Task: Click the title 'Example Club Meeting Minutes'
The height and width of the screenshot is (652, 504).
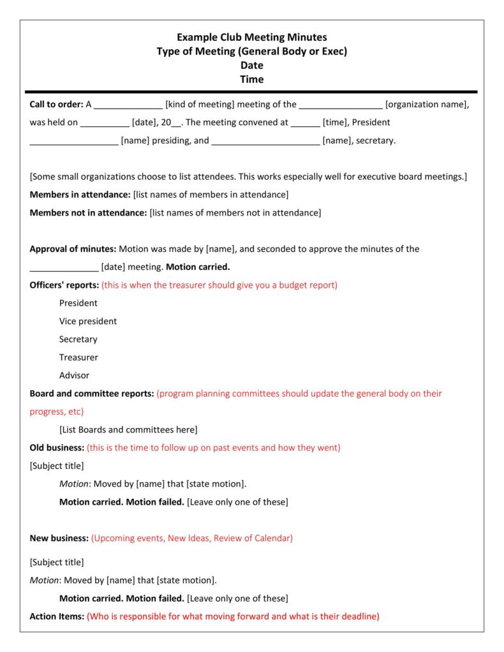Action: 251,38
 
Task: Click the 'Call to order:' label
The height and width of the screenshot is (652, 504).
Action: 56,105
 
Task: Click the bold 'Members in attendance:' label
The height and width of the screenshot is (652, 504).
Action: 80,194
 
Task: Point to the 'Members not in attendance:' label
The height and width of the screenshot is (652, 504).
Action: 88,212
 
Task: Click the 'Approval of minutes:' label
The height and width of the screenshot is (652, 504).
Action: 73,249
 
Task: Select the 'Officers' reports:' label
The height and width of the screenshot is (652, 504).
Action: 64,285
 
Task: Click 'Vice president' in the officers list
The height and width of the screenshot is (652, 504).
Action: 88,321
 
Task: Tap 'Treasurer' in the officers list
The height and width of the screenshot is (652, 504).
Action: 78,357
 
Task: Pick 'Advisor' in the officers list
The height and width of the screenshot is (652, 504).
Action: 74,375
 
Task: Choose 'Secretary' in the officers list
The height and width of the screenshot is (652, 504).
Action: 78,339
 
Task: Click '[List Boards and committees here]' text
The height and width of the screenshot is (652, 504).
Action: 128,429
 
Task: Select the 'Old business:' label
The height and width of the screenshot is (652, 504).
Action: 57,448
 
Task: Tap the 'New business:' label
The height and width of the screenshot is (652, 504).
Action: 59,538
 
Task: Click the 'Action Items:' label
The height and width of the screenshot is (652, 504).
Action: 57,616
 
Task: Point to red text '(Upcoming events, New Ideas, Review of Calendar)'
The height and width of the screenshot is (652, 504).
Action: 192,538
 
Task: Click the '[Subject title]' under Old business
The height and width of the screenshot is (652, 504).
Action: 57,466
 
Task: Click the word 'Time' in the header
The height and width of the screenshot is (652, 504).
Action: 251,80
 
